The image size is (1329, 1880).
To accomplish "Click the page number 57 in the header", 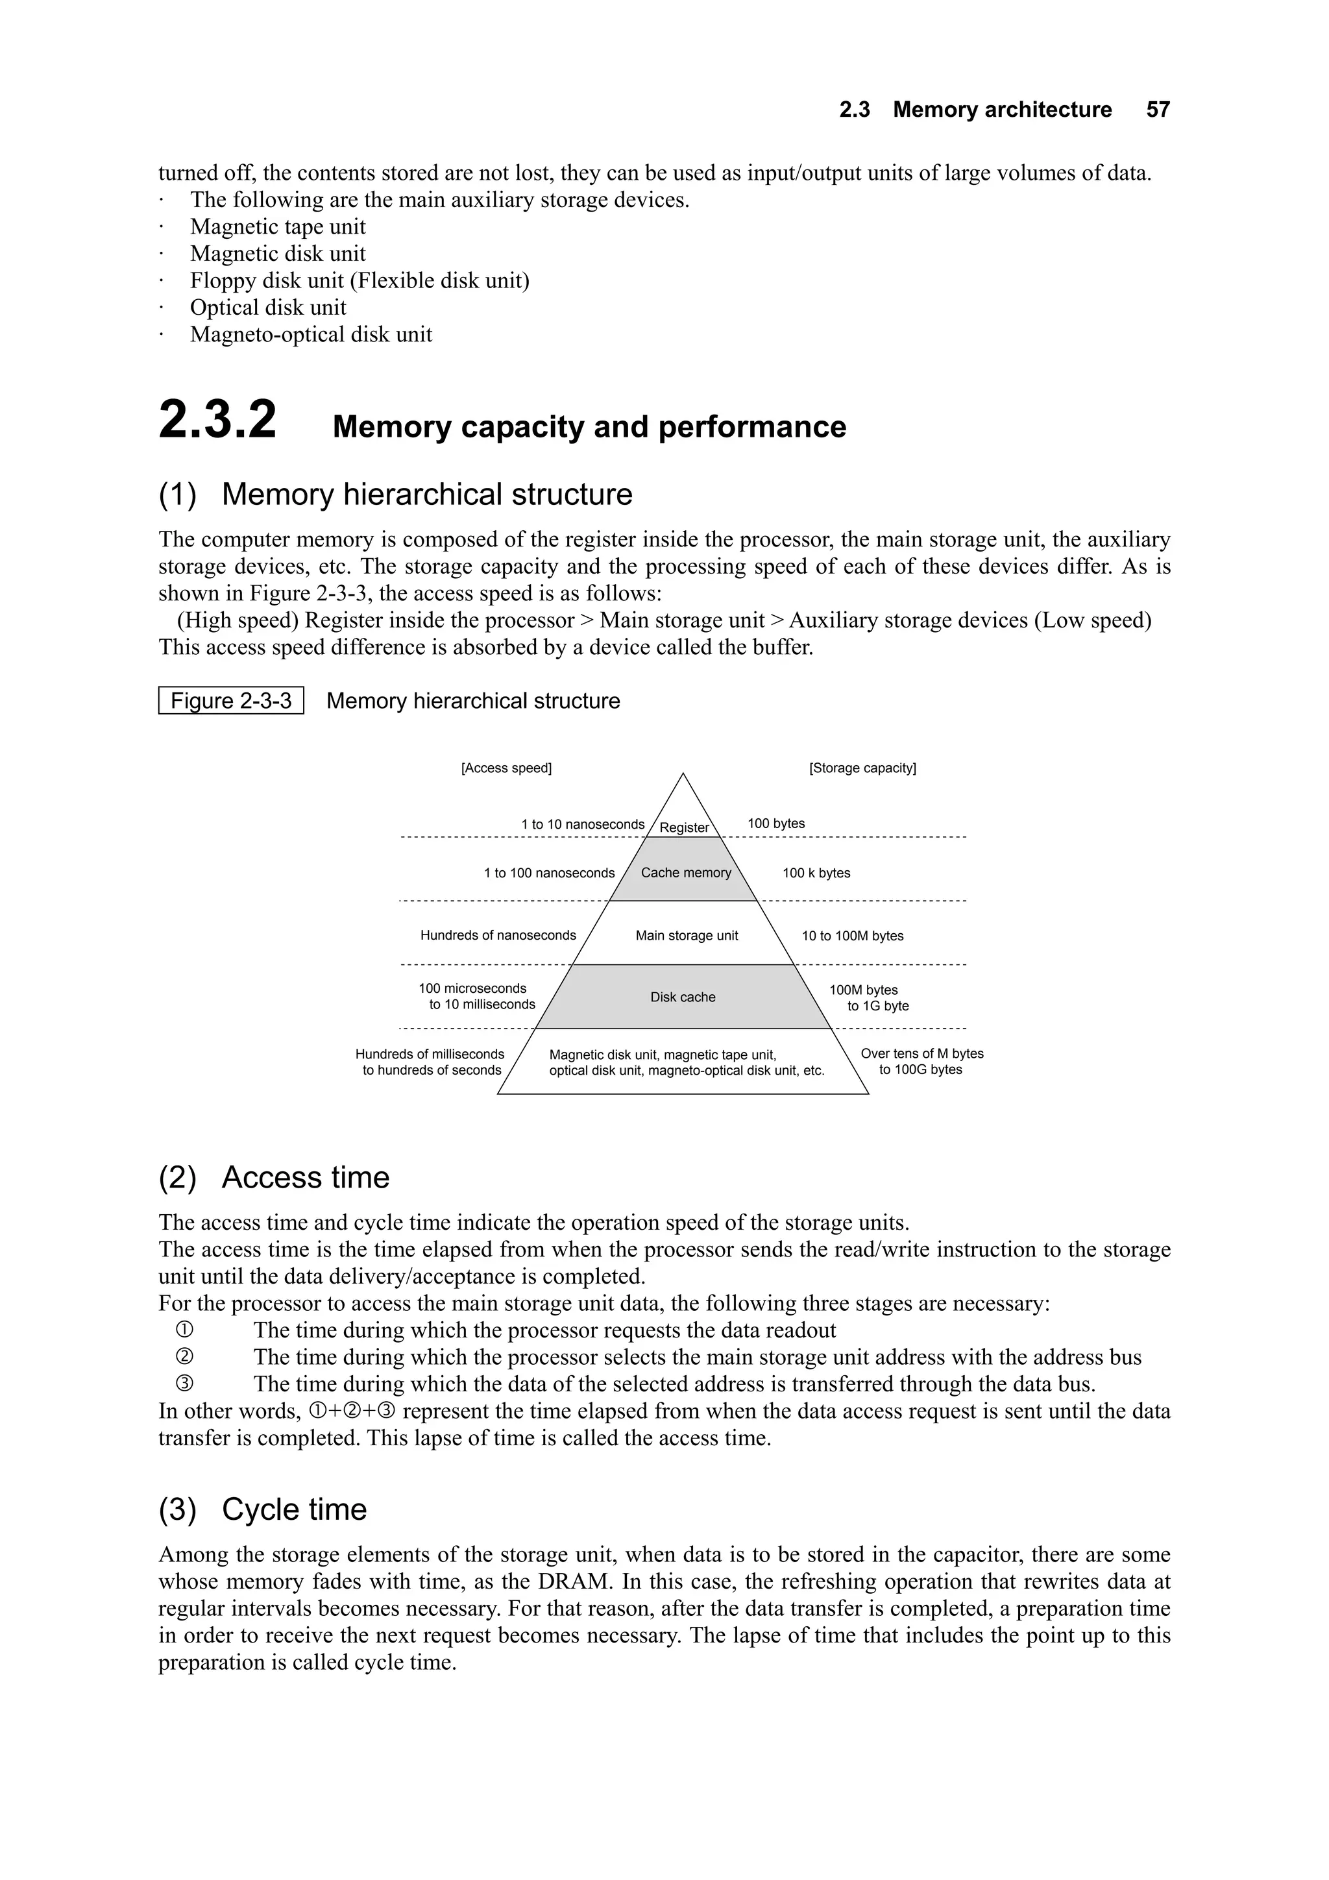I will [x=1157, y=110].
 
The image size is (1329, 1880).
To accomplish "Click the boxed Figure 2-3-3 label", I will [x=231, y=701].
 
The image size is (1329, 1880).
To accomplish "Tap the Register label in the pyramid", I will [x=684, y=827].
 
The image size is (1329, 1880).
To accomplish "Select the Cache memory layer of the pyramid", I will [x=685, y=873].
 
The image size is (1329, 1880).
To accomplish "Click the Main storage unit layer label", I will [x=686, y=935].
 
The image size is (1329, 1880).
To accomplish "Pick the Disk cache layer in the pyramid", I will [x=682, y=997].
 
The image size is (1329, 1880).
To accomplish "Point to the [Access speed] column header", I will [x=506, y=768].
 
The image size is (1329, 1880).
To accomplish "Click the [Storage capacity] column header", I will [x=862, y=768].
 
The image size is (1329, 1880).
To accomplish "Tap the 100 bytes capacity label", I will [x=775, y=824].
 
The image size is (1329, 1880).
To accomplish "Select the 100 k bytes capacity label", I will [x=816, y=873].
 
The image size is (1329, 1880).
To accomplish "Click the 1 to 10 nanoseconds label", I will [x=582, y=825].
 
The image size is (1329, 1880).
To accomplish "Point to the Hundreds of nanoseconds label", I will [x=498, y=935].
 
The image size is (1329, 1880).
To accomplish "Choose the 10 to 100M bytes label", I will [x=851, y=936].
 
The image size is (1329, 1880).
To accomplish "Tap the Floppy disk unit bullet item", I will [x=359, y=280].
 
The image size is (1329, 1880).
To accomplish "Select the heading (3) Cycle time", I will [x=262, y=1509].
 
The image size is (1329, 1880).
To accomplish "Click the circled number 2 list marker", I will [x=184, y=1357].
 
